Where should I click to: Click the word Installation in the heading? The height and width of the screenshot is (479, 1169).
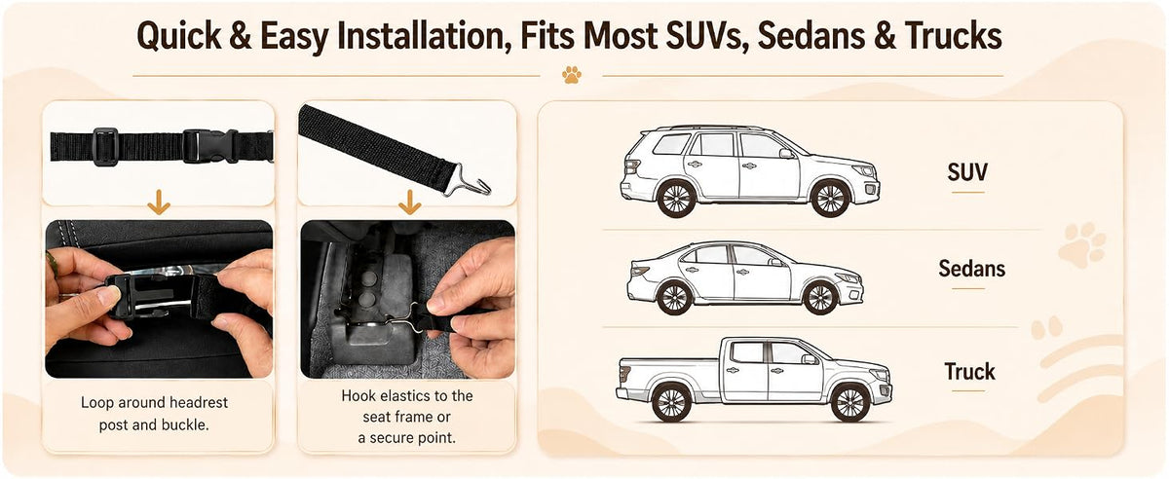[424, 36]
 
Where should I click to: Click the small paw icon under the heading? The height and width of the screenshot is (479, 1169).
[572, 75]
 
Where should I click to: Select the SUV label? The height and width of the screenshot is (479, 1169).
[967, 172]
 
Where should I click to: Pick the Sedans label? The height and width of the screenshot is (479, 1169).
[972, 269]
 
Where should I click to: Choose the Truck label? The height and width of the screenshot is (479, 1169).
[969, 372]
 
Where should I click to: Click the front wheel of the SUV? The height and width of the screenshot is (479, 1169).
[830, 199]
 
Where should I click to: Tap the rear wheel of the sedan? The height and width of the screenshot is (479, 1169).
[674, 297]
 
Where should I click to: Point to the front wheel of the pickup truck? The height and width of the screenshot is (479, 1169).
[850, 402]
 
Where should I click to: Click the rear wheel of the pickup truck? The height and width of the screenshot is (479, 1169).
[670, 402]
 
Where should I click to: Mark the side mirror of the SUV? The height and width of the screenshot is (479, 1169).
[786, 154]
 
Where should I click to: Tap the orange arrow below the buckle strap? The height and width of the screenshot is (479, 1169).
[159, 202]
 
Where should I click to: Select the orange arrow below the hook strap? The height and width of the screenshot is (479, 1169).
[410, 202]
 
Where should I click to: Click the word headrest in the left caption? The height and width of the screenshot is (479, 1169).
[199, 402]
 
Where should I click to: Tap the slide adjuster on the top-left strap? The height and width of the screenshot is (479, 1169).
[105, 147]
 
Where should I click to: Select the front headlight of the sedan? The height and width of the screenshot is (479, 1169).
[847, 277]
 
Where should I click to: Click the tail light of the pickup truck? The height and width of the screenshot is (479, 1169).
[623, 373]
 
